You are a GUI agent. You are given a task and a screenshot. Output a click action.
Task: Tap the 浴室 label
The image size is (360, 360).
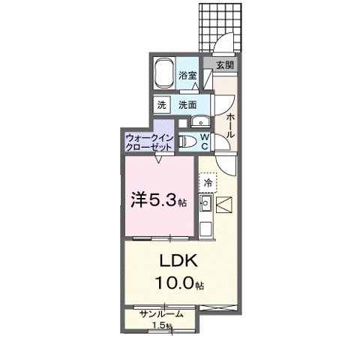pyautogui.click(x=187, y=74)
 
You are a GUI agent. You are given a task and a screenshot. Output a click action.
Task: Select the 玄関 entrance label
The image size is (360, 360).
pyautogui.click(x=225, y=65)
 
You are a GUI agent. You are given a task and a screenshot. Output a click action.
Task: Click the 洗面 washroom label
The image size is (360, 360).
pyautogui.click(x=187, y=106)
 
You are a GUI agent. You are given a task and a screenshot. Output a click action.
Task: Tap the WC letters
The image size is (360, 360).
pyautogui.click(x=204, y=141)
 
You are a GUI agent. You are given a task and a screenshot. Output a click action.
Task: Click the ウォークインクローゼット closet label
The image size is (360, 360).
pyautogui.click(x=150, y=142)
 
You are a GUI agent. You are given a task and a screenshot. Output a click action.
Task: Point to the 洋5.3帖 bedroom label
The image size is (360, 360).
pyautogui.click(x=154, y=199)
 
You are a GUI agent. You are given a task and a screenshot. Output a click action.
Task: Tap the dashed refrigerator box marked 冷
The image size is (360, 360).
pyautogui.click(x=206, y=182)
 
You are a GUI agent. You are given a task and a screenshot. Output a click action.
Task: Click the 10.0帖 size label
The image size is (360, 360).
pyautogui.click(x=177, y=283)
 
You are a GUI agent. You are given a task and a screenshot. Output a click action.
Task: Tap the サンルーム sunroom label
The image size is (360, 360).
pyautogui.click(x=160, y=314)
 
